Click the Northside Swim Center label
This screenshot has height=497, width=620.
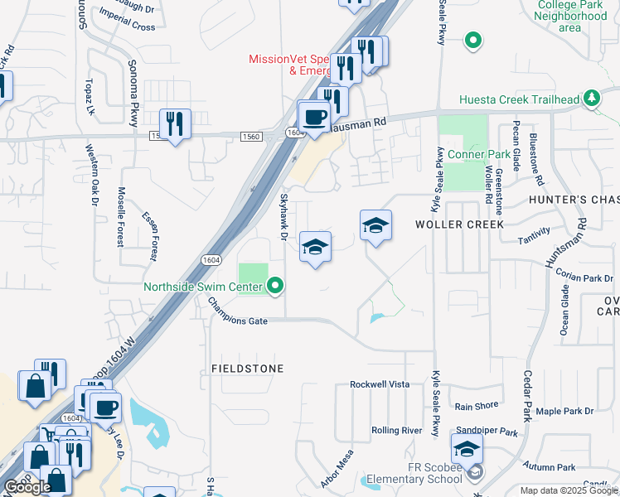pyautogui.click(x=203, y=287)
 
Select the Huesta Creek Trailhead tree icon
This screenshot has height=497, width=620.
pyautogui.click(x=591, y=99)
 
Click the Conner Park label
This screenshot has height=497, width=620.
pyautogui.click(x=479, y=155)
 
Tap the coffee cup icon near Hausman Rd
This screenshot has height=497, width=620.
pyautogui.click(x=313, y=117)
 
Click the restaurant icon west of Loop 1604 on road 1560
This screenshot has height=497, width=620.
pyautogui.click(x=174, y=124)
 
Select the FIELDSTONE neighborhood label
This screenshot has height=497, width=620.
pyautogui.click(x=247, y=368)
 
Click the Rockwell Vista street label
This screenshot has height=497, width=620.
pyautogui.click(x=380, y=384)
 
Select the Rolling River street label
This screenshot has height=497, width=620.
pyautogui.click(x=397, y=430)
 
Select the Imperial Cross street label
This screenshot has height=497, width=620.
pyautogui.click(x=127, y=27)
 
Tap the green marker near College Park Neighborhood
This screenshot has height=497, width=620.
pyautogui.click(x=472, y=39)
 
